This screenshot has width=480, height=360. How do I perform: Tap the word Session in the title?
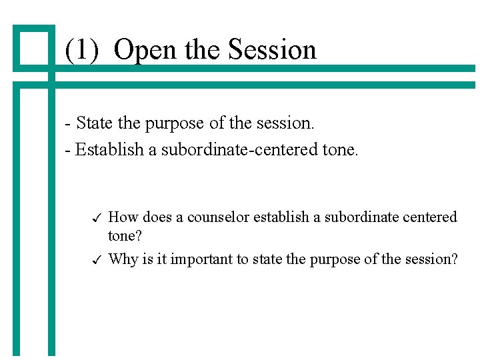click(272, 50)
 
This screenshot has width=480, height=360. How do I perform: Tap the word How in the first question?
click(121, 217)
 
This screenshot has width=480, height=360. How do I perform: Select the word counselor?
click(218, 217)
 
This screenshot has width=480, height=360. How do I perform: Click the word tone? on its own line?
click(125, 237)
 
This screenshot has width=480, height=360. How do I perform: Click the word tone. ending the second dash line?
click(341, 149)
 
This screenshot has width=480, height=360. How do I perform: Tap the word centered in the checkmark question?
click(429, 217)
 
